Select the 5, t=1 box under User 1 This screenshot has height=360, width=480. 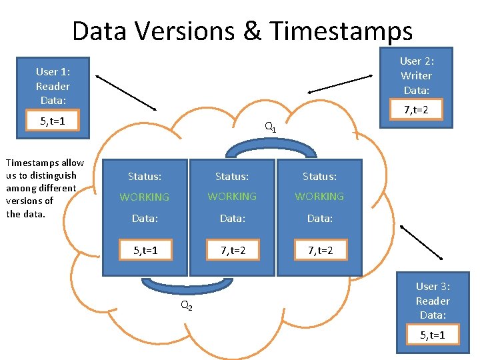(x=52, y=121)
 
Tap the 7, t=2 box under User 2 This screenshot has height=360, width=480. (x=417, y=109)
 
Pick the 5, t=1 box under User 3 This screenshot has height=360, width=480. (x=433, y=335)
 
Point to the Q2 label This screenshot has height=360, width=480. (x=187, y=306)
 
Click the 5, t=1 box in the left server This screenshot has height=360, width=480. (x=145, y=251)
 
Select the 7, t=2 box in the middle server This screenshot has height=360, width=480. (x=233, y=251)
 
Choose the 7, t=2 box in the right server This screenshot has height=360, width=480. (x=320, y=251)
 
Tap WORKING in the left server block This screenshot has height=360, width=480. (x=145, y=197)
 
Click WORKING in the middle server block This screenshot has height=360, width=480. (x=232, y=197)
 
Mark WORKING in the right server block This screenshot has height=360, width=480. (x=319, y=197)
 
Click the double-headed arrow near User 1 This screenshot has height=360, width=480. (x=127, y=93)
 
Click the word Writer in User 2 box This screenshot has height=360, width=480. (x=417, y=76)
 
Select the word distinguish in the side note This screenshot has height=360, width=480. (x=51, y=175)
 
